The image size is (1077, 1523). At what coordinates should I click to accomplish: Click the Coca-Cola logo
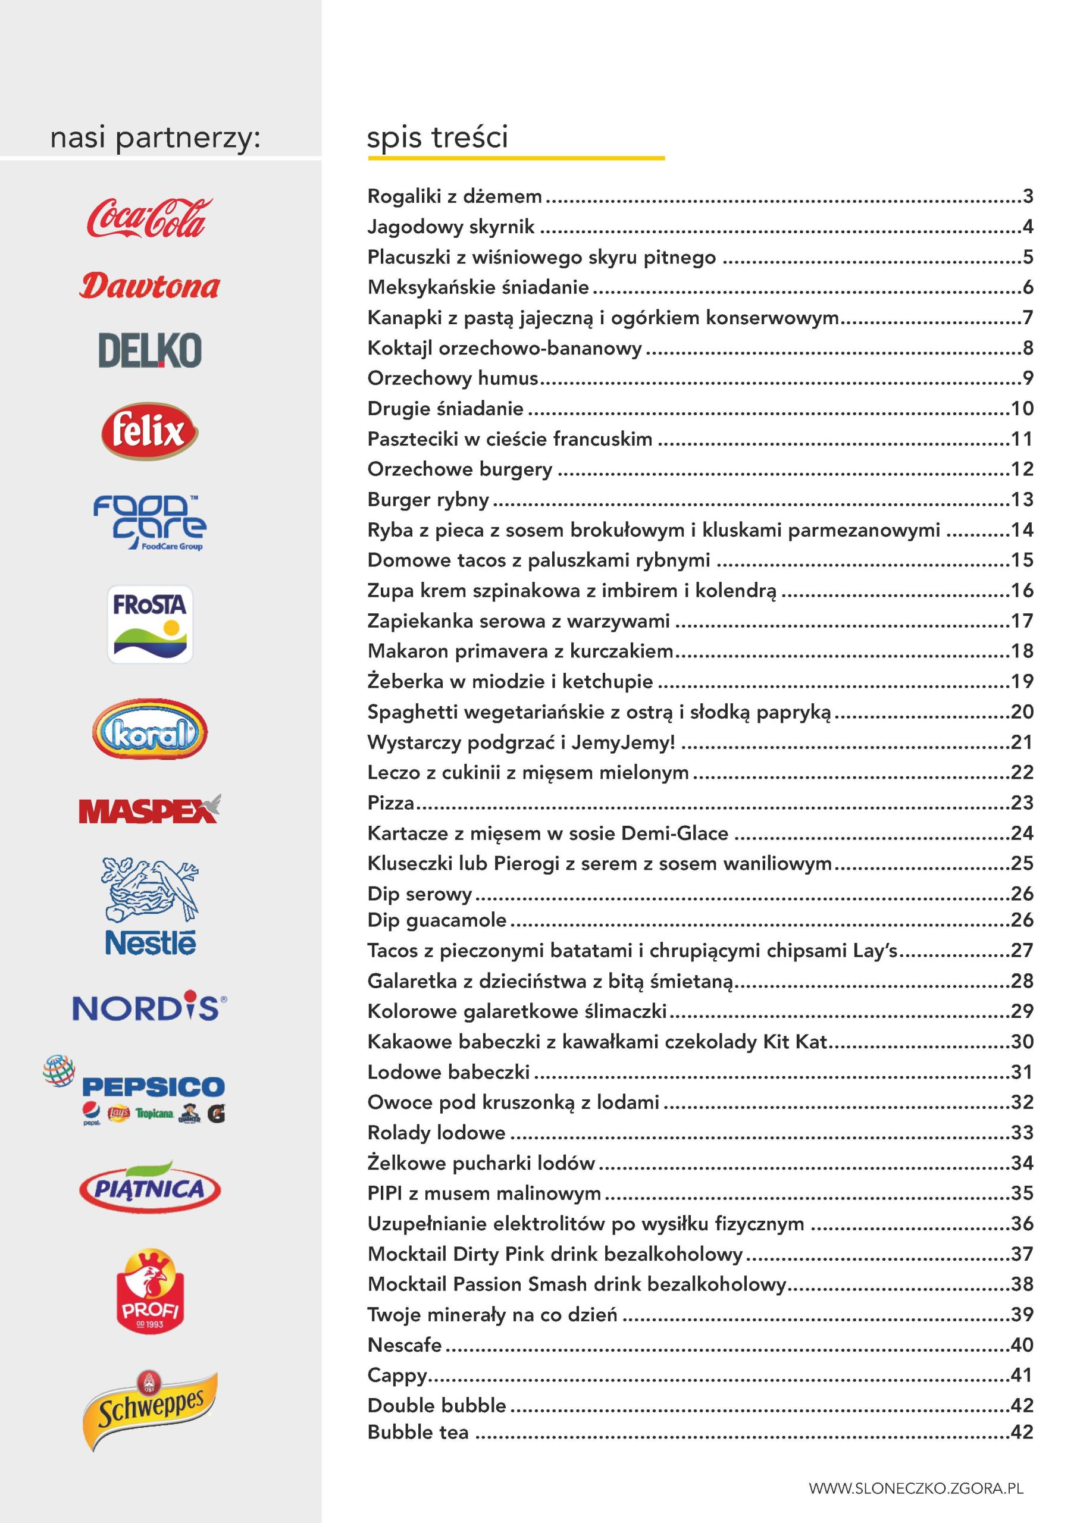(x=149, y=218)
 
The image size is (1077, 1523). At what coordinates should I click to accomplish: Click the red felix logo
(x=150, y=431)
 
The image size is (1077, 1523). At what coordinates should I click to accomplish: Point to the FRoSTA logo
(x=150, y=623)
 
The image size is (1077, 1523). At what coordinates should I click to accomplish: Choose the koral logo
(x=150, y=728)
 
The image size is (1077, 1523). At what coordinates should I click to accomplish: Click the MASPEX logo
(x=150, y=809)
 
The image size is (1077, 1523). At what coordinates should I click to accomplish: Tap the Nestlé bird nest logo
(x=150, y=907)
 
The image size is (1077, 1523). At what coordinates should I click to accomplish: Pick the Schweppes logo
(x=150, y=1410)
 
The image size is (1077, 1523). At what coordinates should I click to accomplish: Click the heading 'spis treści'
(x=437, y=137)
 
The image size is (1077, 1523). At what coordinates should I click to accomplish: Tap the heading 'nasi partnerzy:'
(x=155, y=138)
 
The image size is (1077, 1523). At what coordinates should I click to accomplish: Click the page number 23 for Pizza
(x=1022, y=803)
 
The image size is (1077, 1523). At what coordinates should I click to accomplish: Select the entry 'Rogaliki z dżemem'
(x=455, y=196)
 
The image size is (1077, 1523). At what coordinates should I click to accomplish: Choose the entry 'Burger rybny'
(x=428, y=500)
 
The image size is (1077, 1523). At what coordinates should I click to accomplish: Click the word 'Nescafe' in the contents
(x=404, y=1345)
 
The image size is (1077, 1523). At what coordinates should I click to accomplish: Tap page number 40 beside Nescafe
(x=1022, y=1345)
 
